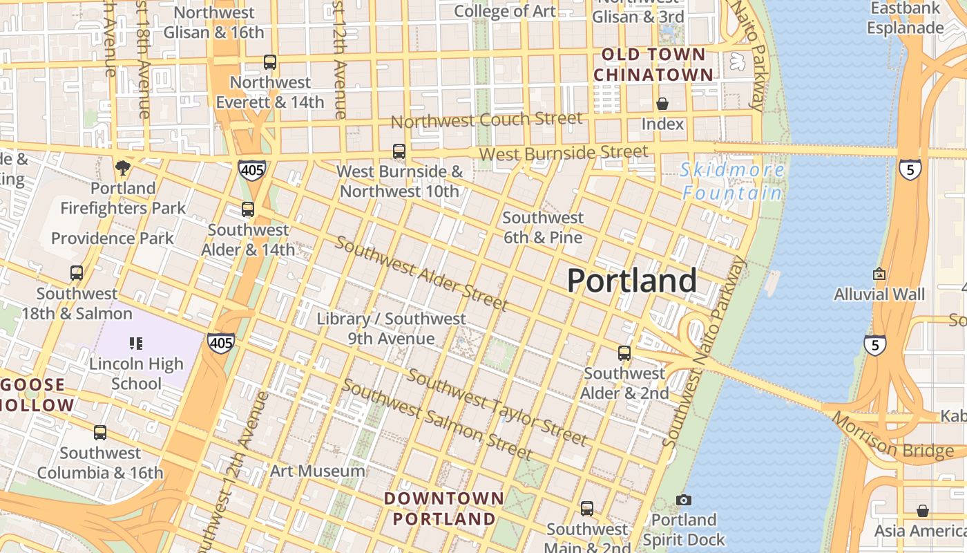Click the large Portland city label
pos(631,281)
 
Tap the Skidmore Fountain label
pos(732,181)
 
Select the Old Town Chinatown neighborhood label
pos(653,64)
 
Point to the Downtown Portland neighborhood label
pos(444,508)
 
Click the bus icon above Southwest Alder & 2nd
pos(624,353)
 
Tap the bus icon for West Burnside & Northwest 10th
pos(399,151)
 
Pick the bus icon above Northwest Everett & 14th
pos(270,62)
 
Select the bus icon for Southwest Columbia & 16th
pos(100,433)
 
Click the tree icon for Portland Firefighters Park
pos(123,167)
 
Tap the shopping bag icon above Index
pos(662,104)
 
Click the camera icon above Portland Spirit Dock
pos(684,500)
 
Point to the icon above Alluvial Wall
pos(879,274)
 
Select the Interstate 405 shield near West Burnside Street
pos(251,170)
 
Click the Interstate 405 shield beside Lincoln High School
pos(220,341)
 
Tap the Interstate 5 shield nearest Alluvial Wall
pos(875,344)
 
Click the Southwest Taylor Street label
pos(497,407)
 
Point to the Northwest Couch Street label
pos(486,120)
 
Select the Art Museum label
pos(317,471)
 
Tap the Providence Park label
pos(113,238)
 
